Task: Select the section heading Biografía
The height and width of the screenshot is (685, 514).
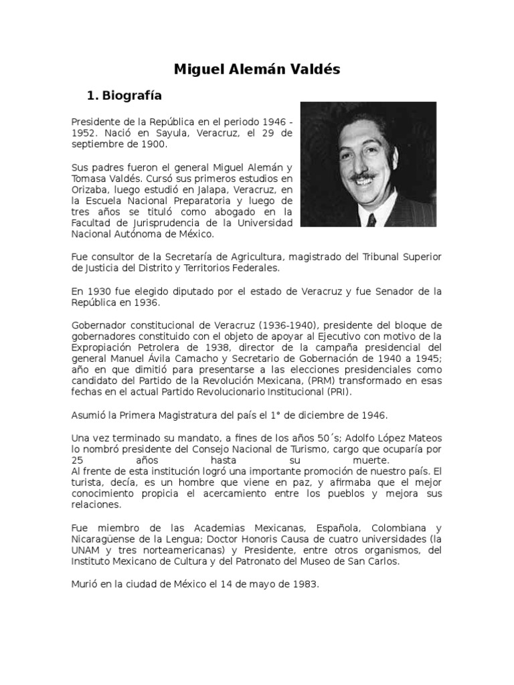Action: point(133,96)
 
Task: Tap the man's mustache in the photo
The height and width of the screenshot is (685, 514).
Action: point(363,177)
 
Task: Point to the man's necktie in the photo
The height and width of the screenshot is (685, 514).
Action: point(371,219)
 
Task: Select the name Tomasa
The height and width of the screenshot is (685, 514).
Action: point(88,179)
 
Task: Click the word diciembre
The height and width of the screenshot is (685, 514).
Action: point(325,415)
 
